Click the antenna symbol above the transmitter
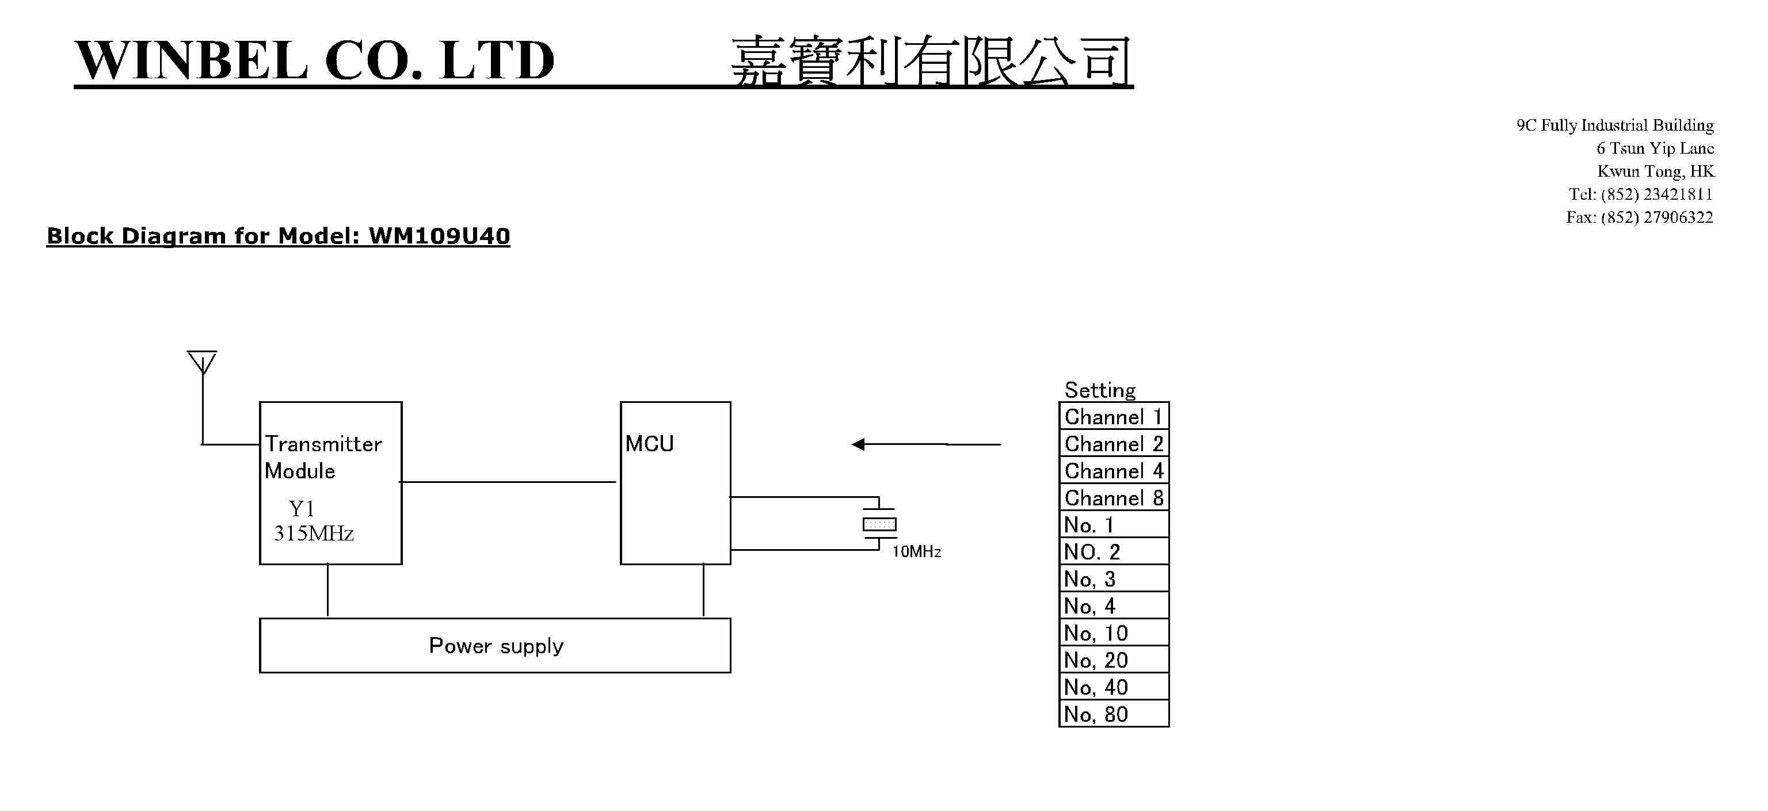[202, 362]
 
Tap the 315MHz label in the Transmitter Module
[314, 533]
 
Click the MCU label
[649, 444]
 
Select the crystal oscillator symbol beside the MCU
[879, 524]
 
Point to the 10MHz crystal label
[916, 551]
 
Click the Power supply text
[496, 646]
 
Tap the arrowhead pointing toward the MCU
[859, 444]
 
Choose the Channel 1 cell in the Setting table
[1113, 417]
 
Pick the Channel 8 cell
[1113, 497]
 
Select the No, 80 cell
[1113, 714]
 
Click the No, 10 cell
[1113, 633]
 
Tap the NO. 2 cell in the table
[1113, 551]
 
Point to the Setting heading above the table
[1099, 390]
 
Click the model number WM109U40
[439, 236]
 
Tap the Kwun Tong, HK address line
[1655, 171]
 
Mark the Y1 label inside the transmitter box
[302, 508]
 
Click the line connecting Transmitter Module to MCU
[508, 482]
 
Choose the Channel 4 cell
[1113, 471]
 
